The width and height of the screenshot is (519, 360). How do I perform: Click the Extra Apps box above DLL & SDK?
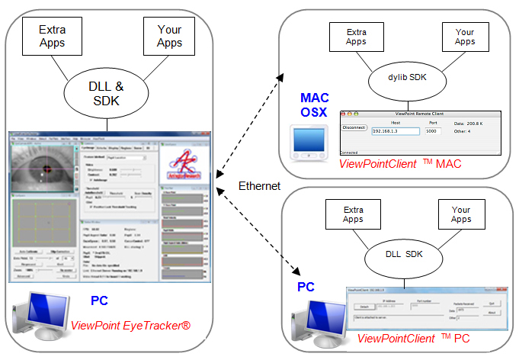pyautogui.click(x=53, y=34)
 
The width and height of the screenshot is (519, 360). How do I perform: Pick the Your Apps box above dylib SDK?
pyautogui.click(x=465, y=37)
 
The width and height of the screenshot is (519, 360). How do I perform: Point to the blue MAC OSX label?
pyautogui.click(x=315, y=105)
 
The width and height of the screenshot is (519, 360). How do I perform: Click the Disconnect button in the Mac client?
pyautogui.click(x=354, y=127)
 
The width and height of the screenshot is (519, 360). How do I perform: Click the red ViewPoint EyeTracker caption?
pyautogui.click(x=130, y=326)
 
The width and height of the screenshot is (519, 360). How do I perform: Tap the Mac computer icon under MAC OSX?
pyautogui.click(x=312, y=141)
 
